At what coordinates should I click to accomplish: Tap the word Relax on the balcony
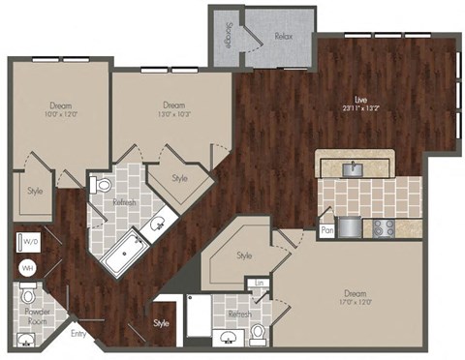pyautogui.click(x=283, y=35)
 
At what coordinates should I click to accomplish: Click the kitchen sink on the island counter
pyautogui.click(x=354, y=167)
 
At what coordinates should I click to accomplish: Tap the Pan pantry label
pyautogui.click(x=327, y=230)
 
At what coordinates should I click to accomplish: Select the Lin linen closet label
pyautogui.click(x=259, y=283)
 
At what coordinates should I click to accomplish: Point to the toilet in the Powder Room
pyautogui.click(x=29, y=293)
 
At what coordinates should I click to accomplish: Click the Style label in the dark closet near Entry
pyautogui.click(x=161, y=323)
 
